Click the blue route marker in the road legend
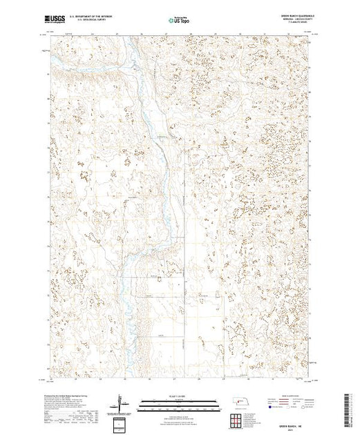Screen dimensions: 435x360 tap(267, 409)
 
